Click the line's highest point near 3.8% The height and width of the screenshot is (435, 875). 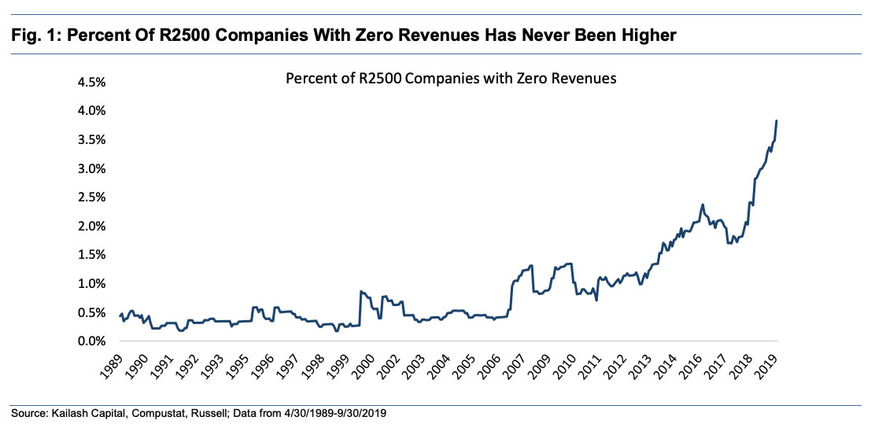pyautogui.click(x=777, y=121)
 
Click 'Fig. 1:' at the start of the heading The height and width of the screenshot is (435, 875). pyautogui.click(x=33, y=35)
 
